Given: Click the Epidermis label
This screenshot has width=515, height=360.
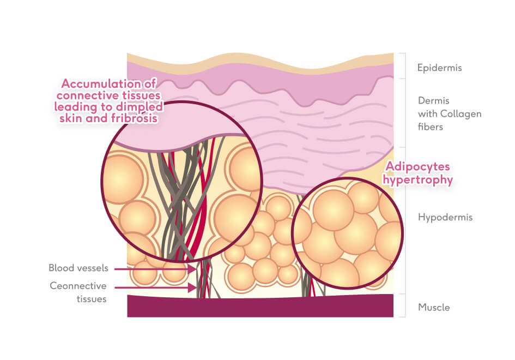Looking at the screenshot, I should [439, 68].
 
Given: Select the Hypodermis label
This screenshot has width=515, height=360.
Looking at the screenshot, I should [445, 217].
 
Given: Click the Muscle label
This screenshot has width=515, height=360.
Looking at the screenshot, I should [434, 307].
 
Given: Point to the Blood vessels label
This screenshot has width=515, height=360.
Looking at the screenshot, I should [78, 268].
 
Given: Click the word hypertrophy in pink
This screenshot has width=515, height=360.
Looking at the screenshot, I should [420, 180].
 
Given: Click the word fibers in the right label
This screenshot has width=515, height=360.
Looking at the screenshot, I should [430, 127].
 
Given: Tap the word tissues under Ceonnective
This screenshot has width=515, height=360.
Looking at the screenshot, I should [91, 298].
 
